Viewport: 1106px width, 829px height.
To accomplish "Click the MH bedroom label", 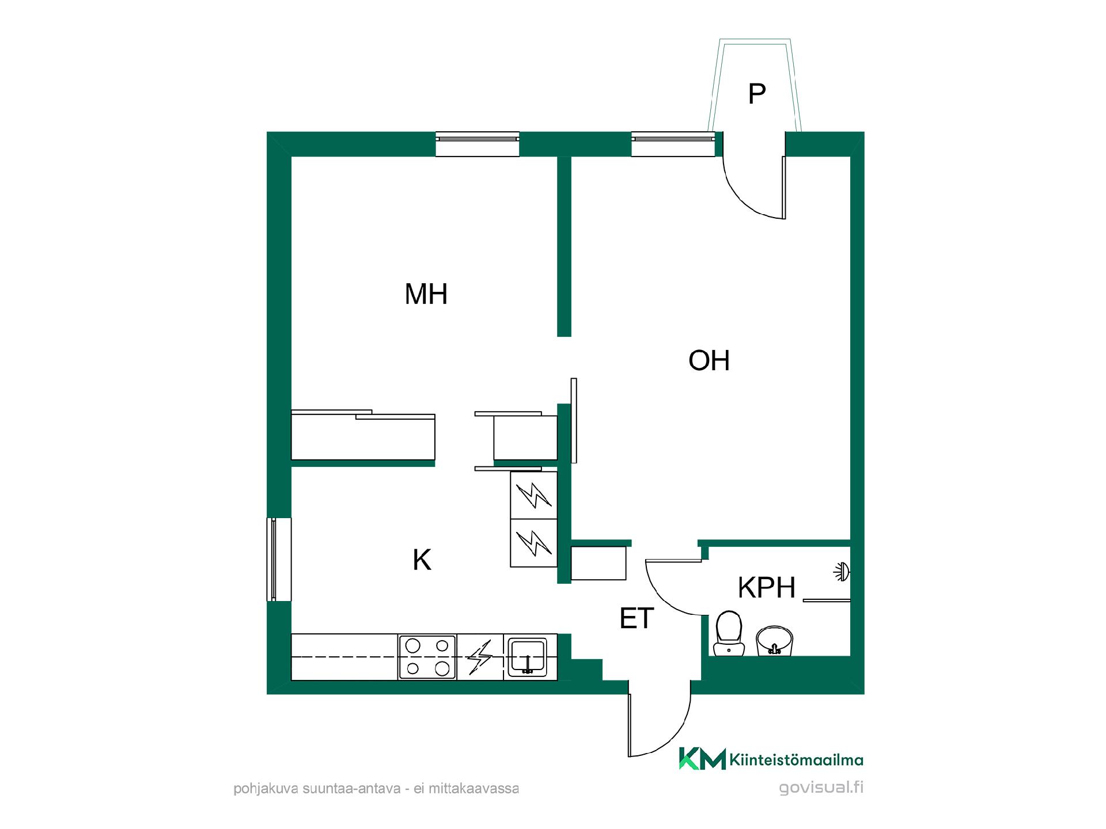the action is pos(426,294).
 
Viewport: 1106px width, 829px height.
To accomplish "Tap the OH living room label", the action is pos(709,360).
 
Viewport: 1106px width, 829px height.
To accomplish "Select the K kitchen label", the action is pos(422,560).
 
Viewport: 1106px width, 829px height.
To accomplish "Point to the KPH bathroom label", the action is pos(767,588).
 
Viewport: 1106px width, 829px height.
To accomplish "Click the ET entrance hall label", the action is pos(637,619).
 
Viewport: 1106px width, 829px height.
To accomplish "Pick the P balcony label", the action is pos(756,94).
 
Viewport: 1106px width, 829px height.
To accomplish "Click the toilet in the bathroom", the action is pos(729,633).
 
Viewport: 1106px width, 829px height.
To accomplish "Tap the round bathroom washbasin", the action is pos(775,641).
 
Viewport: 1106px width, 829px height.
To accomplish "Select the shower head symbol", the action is pos(842,572).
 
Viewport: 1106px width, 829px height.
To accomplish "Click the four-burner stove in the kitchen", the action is pos(427,657).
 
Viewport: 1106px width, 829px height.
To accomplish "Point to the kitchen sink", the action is pos(527,657).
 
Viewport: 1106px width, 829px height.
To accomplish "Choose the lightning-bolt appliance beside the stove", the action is pos(480,657).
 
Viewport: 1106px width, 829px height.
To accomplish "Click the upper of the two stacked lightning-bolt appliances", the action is pos(534,495).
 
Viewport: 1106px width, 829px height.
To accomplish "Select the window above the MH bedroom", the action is pos(478,144).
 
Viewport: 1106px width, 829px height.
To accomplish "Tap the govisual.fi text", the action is pos(821,788).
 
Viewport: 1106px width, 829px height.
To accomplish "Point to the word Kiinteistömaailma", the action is pos(797,760).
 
